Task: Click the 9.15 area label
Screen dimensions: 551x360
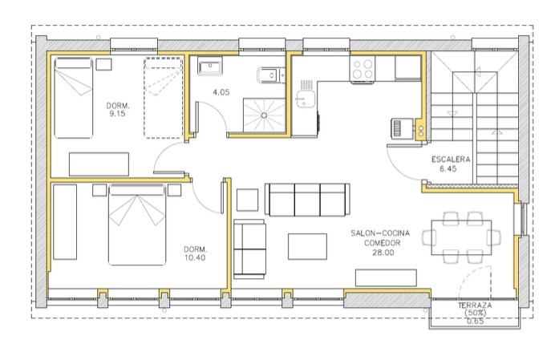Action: (117, 113)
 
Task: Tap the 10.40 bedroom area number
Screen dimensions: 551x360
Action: (195, 257)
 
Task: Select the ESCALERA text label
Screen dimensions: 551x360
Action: (451, 160)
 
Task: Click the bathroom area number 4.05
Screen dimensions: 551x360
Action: (221, 92)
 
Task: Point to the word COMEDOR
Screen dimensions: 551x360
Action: (383, 243)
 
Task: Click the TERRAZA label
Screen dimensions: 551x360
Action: (475, 305)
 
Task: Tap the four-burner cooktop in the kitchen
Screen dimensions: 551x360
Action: (363, 69)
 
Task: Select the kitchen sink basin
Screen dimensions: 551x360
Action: (302, 99)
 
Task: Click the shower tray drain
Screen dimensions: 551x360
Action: (264, 115)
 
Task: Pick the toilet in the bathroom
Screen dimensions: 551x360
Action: (270, 75)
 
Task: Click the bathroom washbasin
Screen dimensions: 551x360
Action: (210, 66)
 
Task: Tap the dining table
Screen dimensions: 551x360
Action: (461, 237)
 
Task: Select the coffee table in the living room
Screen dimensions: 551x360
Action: (307, 247)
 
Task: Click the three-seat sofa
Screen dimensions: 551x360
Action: (307, 200)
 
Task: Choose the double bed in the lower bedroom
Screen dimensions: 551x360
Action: (137, 224)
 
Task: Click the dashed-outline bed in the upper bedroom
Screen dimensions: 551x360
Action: (163, 98)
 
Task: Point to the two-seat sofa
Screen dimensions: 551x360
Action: (249, 249)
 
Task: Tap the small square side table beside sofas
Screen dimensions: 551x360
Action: (247, 200)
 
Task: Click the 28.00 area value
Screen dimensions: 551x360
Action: (383, 253)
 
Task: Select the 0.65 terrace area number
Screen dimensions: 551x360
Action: (476, 321)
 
